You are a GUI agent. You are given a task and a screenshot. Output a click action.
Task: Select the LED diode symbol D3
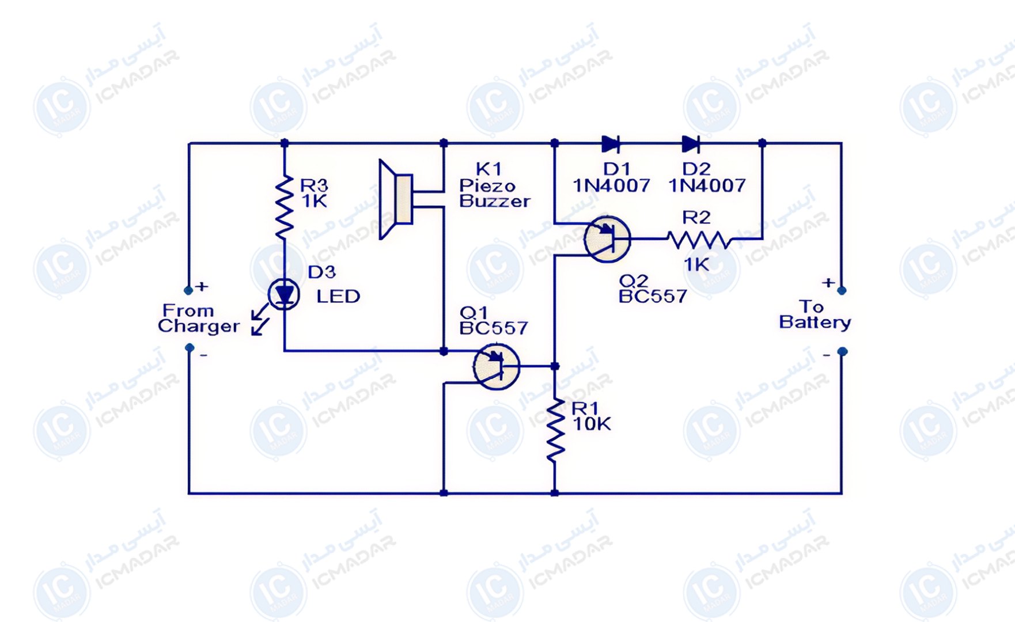(284, 294)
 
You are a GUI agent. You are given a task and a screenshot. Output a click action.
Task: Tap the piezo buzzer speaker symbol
(396, 199)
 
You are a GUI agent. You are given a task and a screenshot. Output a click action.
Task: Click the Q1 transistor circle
(497, 366)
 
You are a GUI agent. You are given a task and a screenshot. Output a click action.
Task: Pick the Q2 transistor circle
(607, 239)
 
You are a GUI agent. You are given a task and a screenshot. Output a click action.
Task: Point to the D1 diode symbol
(610, 144)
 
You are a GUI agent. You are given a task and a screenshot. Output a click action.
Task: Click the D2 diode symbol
(691, 144)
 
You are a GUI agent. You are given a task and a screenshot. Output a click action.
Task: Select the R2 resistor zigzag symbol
(699, 239)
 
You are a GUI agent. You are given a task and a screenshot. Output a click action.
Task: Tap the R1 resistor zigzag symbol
(555, 429)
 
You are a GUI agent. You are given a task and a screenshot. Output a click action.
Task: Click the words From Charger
(199, 318)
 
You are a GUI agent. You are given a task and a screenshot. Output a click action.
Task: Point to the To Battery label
(815, 314)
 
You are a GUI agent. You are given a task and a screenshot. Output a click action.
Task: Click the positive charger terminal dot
(188, 290)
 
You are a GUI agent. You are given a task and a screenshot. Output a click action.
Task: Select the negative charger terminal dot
(190, 348)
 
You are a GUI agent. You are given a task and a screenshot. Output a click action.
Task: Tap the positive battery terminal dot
(842, 291)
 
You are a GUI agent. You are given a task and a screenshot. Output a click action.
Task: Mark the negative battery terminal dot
(842, 351)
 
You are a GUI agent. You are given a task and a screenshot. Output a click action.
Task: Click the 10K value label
(592, 424)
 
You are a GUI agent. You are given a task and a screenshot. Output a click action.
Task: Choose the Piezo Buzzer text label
(494, 194)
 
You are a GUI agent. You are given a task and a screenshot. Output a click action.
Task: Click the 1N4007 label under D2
(707, 185)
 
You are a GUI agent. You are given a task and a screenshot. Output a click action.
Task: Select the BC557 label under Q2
(653, 297)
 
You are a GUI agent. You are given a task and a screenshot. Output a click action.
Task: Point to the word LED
(338, 297)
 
